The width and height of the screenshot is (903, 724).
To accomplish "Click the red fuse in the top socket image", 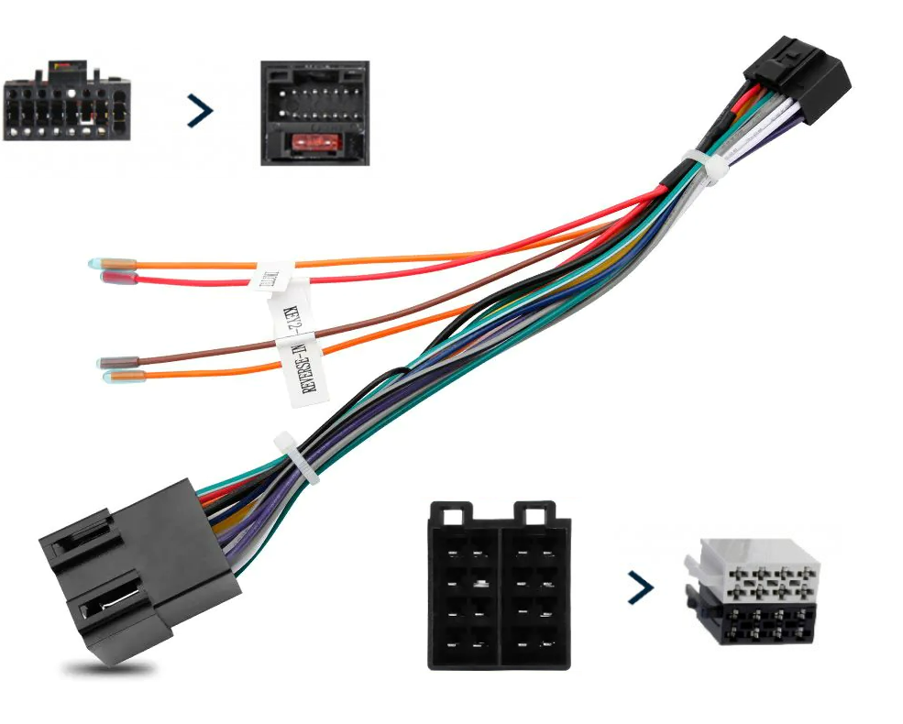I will coord(314,142).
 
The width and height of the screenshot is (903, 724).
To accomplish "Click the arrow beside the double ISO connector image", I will coord(641,587).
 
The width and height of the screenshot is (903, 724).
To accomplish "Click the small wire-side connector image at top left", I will coord(66,104).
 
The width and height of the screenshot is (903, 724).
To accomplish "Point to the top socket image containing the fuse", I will coord(314,112).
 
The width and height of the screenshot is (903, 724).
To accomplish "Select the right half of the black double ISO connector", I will coord(534,587).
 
